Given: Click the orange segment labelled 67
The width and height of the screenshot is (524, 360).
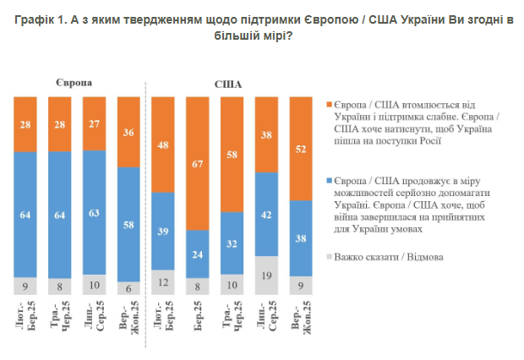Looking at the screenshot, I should pyautogui.click(x=198, y=163).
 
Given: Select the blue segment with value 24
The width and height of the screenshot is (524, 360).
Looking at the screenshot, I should pyautogui.click(x=198, y=254).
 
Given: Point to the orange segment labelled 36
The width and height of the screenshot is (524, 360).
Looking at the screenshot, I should pyautogui.click(x=128, y=132).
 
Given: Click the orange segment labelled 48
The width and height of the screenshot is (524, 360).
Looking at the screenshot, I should pyautogui.click(x=163, y=145).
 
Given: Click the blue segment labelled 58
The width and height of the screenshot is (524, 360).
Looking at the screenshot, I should pyautogui.click(x=128, y=224).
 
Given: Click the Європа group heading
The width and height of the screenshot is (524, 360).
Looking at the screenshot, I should pyautogui.click(x=75, y=82).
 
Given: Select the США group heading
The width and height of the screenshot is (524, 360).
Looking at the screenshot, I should pyautogui.click(x=226, y=85).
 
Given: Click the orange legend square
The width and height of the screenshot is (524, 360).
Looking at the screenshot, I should pyautogui.click(x=327, y=104).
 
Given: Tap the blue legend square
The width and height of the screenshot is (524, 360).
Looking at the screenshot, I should pyautogui.click(x=327, y=181).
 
